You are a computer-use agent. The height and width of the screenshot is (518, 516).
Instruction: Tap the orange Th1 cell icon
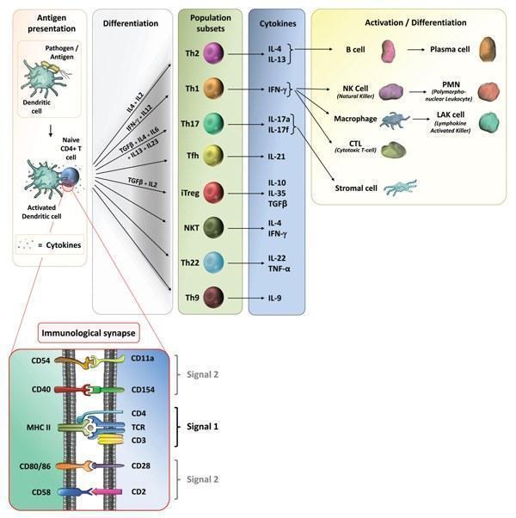click(212, 88)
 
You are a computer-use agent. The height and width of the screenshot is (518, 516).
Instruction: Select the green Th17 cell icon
click(212, 123)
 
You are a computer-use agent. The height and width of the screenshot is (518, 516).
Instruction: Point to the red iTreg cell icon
click(212, 191)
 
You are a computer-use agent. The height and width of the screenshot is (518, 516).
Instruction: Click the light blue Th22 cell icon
click(212, 262)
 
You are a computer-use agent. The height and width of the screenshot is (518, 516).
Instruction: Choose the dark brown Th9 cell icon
click(212, 298)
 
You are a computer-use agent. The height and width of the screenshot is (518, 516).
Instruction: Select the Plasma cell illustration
click(488, 48)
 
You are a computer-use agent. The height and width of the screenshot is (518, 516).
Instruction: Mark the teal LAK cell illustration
click(488, 122)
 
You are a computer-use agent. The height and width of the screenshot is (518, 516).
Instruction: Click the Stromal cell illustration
click(401, 188)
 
